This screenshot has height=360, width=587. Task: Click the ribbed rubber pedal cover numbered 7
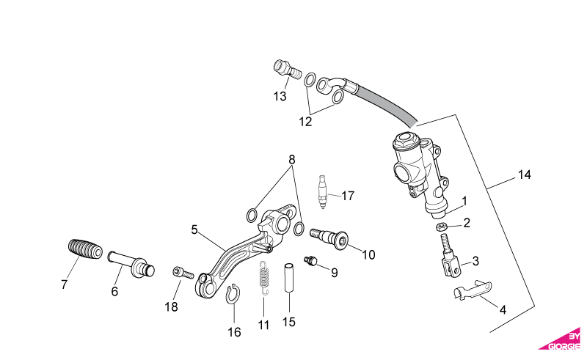coord(85,249)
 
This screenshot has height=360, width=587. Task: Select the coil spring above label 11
coord(265,277)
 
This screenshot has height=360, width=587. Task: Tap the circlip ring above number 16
coord(233,294)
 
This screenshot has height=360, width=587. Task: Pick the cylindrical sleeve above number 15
coord(289,277)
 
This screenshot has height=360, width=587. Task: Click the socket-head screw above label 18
coord(183,273)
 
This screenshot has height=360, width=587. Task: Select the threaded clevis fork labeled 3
coord(450,256)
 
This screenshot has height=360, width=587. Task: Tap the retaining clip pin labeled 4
coord(473,290)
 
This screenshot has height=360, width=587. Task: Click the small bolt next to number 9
coord(311,260)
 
